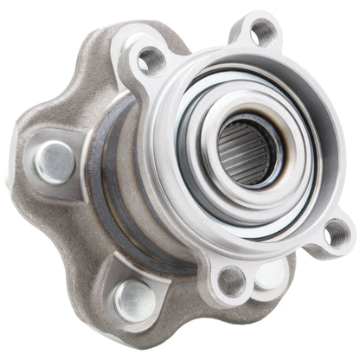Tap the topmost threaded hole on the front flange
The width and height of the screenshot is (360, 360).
point(262,33)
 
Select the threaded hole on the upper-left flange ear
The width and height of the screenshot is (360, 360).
point(152,60)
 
